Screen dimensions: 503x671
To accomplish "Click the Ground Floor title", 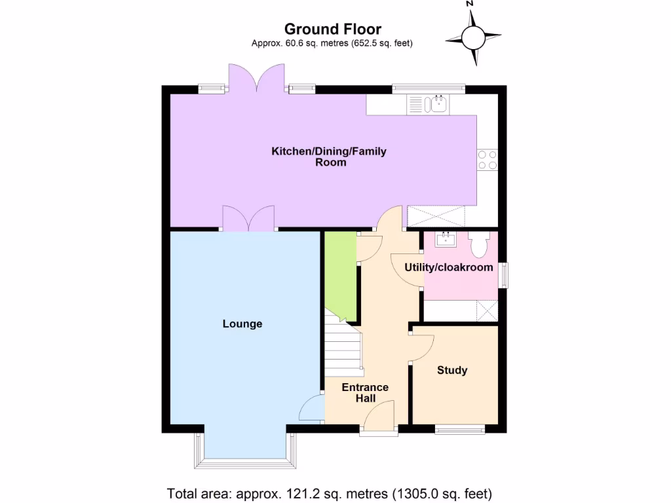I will point(332,29).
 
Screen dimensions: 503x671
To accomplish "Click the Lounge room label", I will point(242,324).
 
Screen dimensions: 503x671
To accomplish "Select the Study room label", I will point(452,370).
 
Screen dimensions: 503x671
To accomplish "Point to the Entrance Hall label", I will point(365,392).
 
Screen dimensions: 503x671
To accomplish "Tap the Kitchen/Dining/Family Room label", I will point(329,157).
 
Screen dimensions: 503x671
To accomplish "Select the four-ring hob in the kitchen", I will point(488,160).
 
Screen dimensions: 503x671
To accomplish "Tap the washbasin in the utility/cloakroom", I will point(448,239).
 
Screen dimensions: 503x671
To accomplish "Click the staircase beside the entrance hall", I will point(343,348).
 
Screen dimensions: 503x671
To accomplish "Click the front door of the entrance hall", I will point(379,419).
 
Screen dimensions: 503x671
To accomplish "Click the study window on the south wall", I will point(460,429).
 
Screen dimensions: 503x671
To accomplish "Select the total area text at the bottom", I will point(330,493).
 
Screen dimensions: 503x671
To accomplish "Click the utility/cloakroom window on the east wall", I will point(503,274).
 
